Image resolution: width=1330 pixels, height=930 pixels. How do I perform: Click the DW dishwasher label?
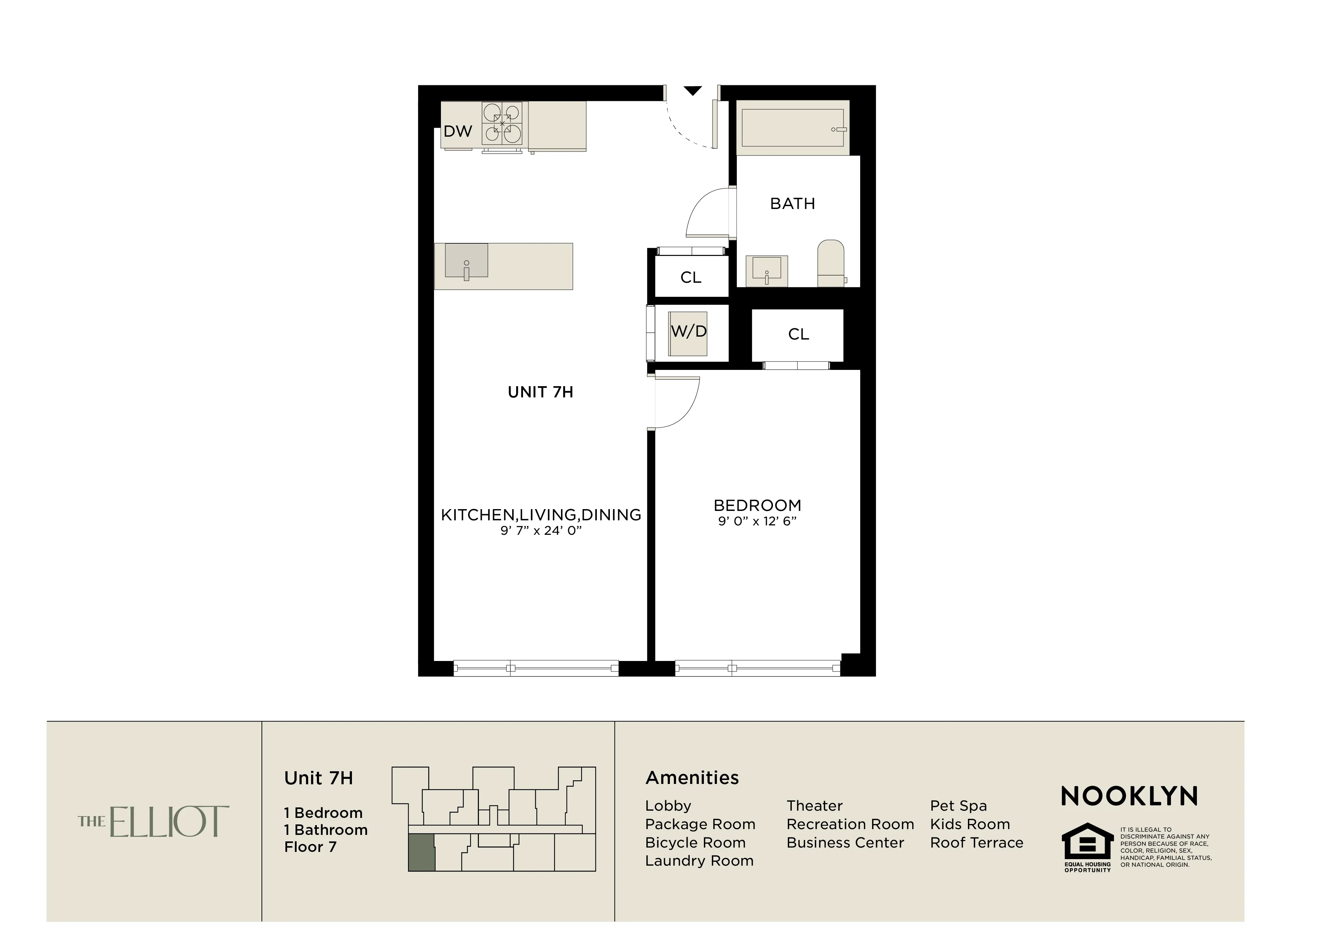458,132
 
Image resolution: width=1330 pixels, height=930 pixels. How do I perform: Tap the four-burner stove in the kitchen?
502,123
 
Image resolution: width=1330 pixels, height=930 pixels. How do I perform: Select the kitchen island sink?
466,261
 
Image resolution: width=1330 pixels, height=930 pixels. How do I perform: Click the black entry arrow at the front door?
693,91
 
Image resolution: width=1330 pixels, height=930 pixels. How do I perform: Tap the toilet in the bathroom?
831,264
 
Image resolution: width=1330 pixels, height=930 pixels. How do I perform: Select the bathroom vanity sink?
767,270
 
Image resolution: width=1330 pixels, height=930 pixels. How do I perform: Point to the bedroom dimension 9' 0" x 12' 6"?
757,521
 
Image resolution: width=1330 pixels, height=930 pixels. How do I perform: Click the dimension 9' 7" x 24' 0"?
540,530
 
